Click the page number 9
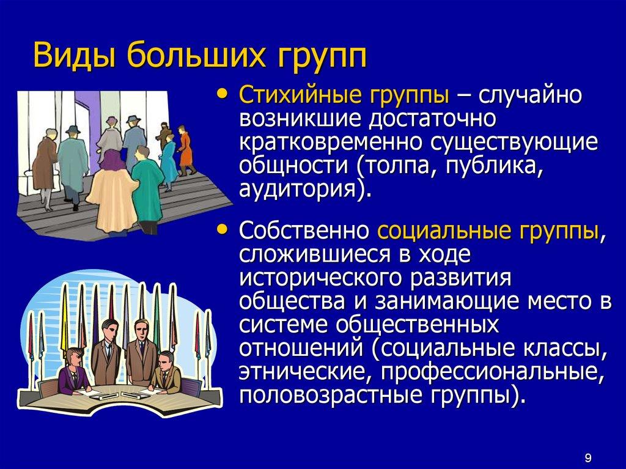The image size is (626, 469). click(587, 456)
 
